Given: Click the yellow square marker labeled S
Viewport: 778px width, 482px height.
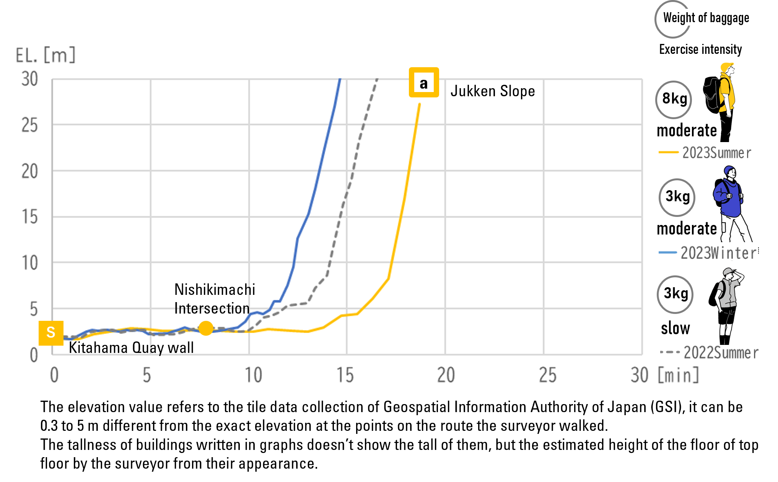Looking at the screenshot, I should point(51,333).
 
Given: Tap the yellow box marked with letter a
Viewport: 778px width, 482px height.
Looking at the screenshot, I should point(424,82).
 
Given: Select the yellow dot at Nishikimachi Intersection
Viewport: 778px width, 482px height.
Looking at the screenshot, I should point(206,328).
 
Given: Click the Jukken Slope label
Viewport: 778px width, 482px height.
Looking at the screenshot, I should point(492,91).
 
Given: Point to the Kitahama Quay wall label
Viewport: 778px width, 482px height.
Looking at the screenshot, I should point(131,348).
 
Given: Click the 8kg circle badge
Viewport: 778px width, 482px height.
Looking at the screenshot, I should point(674,99).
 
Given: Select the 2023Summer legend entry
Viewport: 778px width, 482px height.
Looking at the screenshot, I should point(705,152).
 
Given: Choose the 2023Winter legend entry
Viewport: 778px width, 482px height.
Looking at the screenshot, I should point(708,253).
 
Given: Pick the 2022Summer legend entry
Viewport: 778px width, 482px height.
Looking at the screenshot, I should point(709,353).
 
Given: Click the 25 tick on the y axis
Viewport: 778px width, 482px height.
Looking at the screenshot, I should point(30,125).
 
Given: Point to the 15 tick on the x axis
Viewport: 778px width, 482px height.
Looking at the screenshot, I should point(345,375).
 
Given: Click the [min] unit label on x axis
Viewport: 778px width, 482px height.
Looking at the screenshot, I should point(678,375).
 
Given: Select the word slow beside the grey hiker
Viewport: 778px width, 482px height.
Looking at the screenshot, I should point(675,328).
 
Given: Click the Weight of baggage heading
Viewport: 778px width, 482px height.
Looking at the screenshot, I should point(706,18).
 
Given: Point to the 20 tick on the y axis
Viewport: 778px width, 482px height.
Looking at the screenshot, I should point(30,171).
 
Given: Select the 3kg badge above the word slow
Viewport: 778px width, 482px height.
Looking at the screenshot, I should point(675,294).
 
